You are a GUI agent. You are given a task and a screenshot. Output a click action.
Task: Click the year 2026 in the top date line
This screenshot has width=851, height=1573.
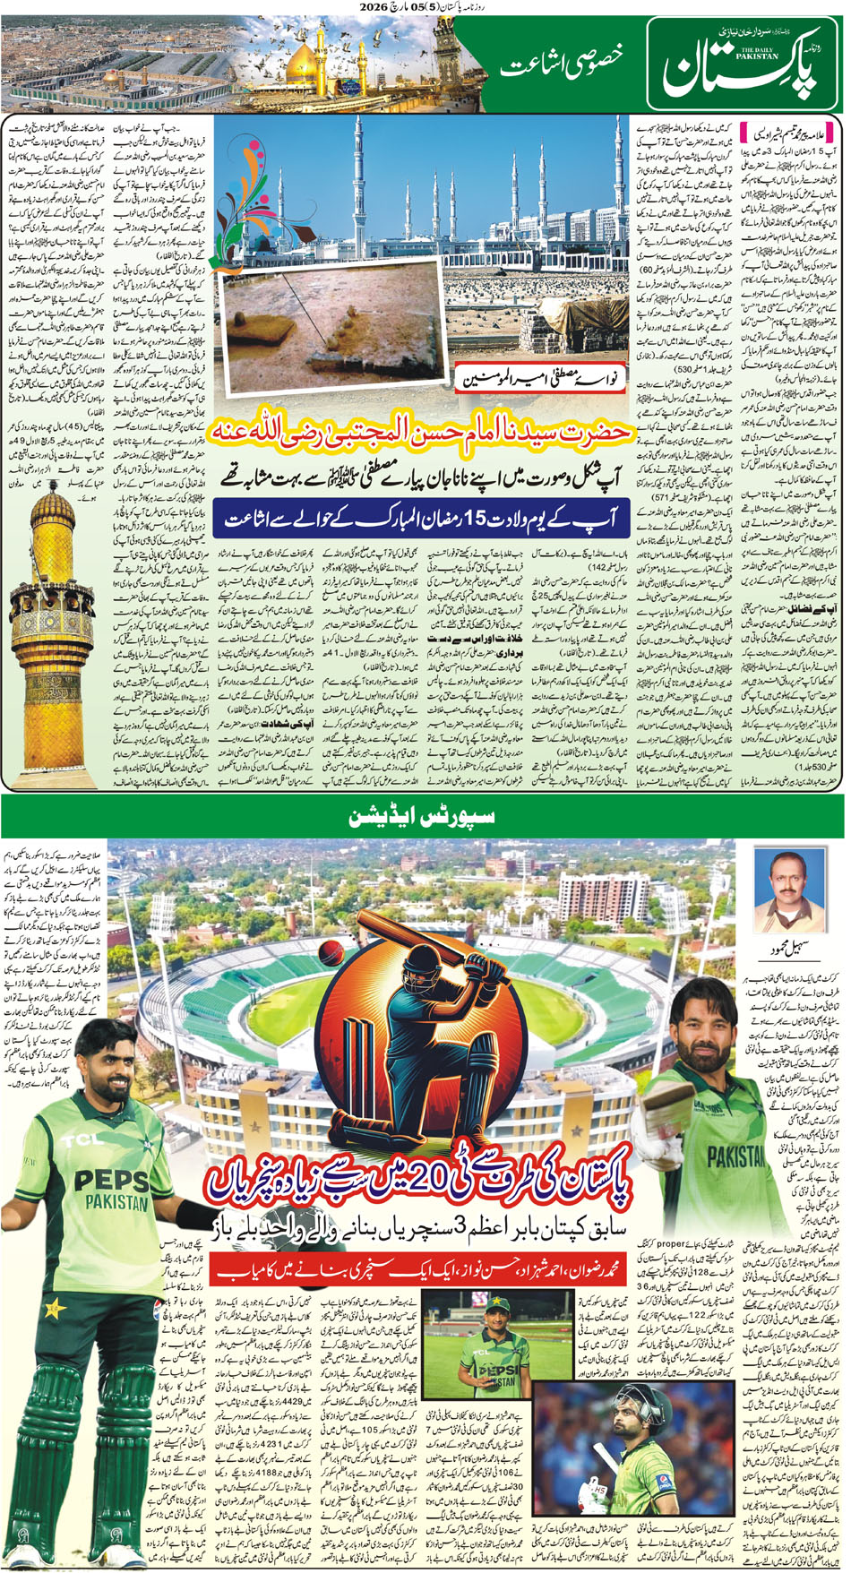point(375,6)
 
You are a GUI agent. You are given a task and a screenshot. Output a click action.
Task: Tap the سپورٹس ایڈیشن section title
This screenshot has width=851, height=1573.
point(422,817)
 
